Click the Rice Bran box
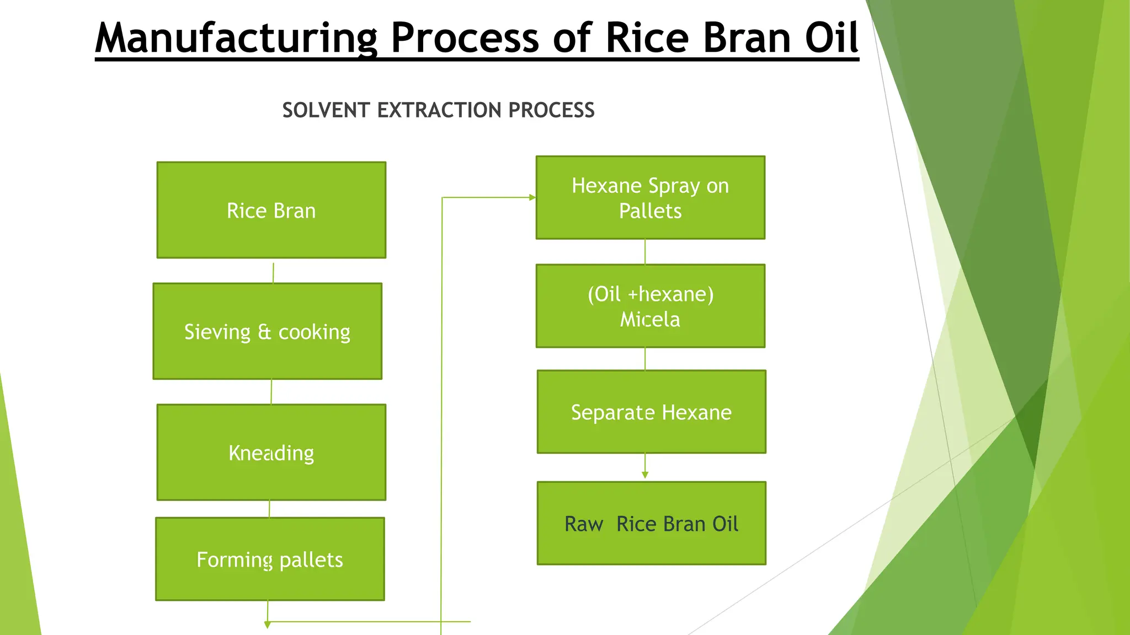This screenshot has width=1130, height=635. tap(271, 210)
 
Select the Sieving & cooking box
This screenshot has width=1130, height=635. tap(267, 331)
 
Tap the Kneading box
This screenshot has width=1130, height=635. tap(271, 453)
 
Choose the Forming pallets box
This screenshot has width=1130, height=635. tap(270, 559)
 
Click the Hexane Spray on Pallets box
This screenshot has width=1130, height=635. tap(650, 198)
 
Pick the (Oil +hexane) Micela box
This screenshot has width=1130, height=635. tap(650, 306)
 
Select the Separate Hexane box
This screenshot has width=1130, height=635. tap(651, 412)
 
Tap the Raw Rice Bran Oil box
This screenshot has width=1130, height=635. tap(651, 523)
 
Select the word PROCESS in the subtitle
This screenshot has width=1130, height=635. tap(551, 110)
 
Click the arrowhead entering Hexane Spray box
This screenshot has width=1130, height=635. tap(532, 197)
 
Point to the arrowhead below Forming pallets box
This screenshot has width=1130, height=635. tap(268, 625)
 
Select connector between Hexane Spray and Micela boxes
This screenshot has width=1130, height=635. tap(645, 252)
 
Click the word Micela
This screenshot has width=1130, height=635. tap(650, 320)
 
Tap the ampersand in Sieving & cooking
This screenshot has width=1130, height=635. tap(264, 332)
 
